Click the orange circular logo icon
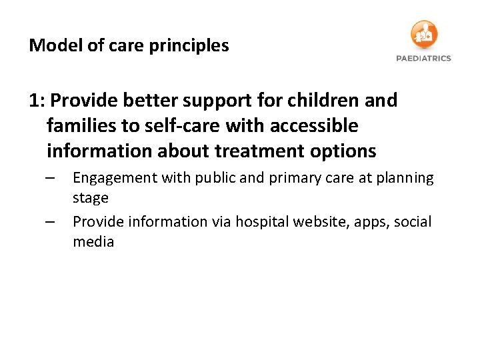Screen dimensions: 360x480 click(424, 34)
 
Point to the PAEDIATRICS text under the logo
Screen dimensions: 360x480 click(423, 58)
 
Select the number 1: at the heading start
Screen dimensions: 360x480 click(37, 101)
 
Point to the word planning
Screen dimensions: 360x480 click(407, 179)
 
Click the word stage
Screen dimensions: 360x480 click(90, 198)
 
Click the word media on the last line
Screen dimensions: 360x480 click(93, 241)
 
